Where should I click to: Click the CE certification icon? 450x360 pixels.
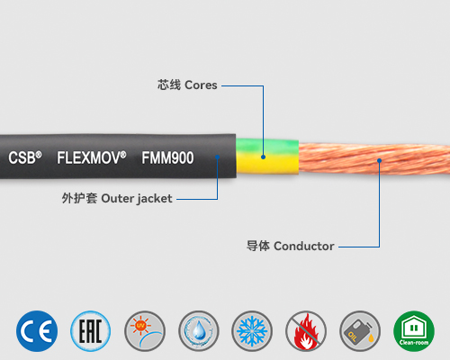pos(36,330)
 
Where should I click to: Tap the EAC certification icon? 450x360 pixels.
pos(89,330)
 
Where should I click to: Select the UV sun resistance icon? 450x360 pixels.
pos(143,330)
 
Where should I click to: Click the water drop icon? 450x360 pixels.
pos(197,330)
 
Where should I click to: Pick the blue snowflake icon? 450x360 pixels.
pos(251,330)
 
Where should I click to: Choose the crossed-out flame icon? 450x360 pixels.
pos(305,330)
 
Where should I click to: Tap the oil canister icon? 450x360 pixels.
pos(359,330)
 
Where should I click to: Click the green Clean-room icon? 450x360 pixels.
pos(413,330)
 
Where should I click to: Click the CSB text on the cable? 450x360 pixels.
pos(25,157)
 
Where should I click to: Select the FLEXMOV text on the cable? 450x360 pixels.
pos(91,157)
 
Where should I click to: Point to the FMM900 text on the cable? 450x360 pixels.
pos(167,157)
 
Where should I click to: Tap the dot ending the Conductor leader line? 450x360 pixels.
pos(379,161)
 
